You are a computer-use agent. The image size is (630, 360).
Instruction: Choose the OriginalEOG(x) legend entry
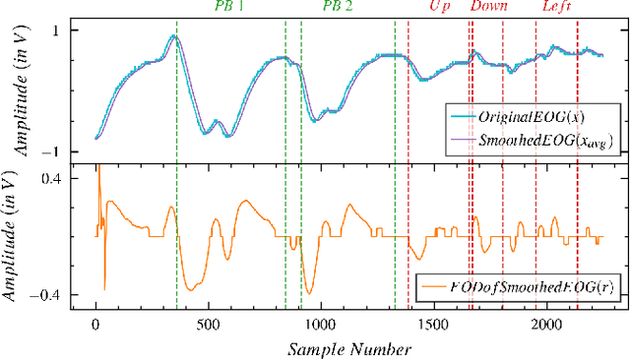[x=531, y=119]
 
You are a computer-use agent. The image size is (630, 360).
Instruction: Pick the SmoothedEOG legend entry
[x=531, y=142]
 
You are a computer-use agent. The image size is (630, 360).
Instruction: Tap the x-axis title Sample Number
[x=348, y=348]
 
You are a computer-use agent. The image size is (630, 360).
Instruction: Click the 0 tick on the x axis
[x=95, y=324]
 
